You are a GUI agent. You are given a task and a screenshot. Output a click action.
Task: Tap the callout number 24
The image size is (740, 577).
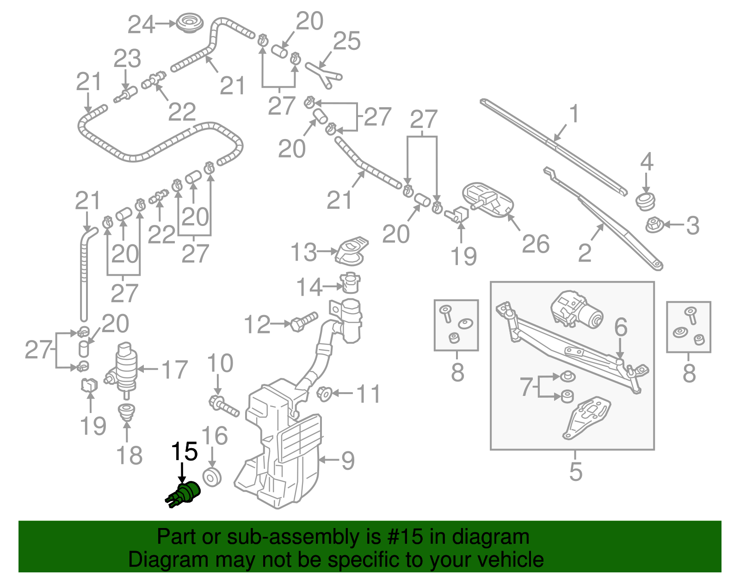coord(141,24)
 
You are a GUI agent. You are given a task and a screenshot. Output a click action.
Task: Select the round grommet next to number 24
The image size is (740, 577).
coord(188,23)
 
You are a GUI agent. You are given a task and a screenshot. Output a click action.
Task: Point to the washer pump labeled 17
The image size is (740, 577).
coord(124,367)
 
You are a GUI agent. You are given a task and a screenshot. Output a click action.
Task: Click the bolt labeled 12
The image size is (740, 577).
coord(304,321)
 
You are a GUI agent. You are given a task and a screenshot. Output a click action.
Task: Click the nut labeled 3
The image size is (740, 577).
coord(654,226)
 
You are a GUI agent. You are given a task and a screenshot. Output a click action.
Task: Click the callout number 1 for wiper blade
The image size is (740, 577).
coord(573,113)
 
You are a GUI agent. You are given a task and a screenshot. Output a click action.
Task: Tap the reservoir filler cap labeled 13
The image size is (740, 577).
coord(352,251)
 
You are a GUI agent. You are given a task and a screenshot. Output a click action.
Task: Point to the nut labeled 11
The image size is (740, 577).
coord(324,394)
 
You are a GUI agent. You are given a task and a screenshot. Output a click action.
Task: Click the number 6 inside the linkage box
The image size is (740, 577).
coord(621,327)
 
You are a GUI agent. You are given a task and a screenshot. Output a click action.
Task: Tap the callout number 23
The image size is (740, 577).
coord(127,59)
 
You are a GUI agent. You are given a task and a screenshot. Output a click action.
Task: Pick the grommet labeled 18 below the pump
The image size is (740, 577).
coord(126,411)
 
